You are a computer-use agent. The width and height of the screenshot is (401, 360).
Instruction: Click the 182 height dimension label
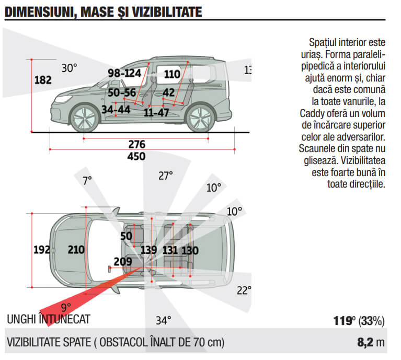[43, 80]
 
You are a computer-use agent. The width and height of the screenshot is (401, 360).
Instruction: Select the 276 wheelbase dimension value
[137, 144]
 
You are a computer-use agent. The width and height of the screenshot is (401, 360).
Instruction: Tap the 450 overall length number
[136, 156]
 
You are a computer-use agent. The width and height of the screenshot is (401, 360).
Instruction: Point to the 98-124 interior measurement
[124, 73]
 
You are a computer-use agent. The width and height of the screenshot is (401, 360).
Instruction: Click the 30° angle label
[70, 68]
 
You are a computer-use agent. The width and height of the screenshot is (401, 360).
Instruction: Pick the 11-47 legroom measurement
[156, 112]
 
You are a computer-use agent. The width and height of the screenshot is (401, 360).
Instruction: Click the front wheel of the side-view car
[84, 119]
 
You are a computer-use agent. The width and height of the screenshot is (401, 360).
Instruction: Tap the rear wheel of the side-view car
[200, 119]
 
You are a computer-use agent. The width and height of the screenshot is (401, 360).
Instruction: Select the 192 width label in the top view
[41, 250]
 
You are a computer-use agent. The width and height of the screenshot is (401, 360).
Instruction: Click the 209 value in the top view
[123, 262]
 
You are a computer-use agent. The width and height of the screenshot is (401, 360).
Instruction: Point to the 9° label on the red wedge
[66, 307]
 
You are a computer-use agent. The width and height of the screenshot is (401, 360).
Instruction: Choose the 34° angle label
[164, 320]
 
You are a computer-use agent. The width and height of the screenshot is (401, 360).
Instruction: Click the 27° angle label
[166, 176]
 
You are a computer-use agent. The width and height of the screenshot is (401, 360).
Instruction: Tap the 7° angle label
[87, 181]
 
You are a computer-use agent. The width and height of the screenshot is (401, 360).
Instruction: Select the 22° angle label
[244, 291]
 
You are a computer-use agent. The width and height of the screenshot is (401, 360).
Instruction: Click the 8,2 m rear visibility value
[371, 342]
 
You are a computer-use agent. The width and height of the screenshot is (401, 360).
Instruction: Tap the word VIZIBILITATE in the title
[167, 12]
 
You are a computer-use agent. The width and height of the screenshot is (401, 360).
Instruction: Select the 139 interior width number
[148, 250]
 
